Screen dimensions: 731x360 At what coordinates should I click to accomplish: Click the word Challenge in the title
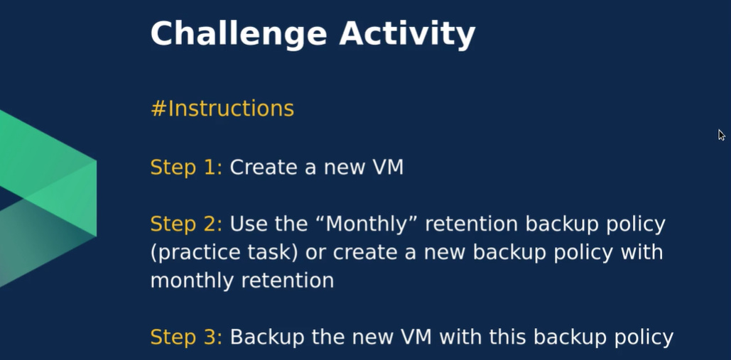pyautogui.click(x=239, y=34)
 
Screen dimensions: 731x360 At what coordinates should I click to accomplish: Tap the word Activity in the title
pyautogui.click(x=407, y=34)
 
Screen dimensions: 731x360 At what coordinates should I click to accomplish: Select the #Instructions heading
pyautogui.click(x=222, y=109)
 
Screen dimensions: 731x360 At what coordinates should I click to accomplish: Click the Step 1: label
pyautogui.click(x=186, y=168)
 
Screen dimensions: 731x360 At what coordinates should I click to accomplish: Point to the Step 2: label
pyautogui.click(x=186, y=224)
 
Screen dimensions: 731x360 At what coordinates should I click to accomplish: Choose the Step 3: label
pyautogui.click(x=186, y=337)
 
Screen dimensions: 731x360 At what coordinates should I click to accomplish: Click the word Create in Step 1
pyautogui.click(x=264, y=167)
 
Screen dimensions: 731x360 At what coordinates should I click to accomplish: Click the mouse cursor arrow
pyautogui.click(x=721, y=135)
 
